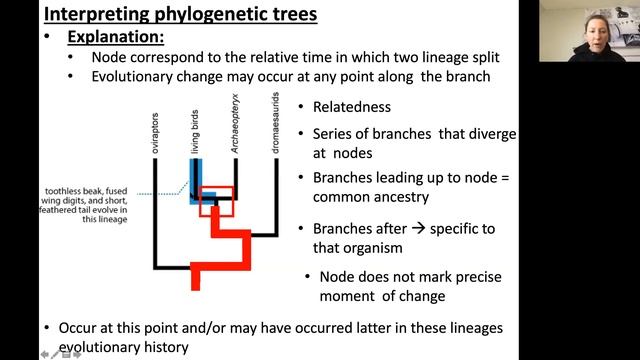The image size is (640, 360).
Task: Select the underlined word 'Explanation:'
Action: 115,37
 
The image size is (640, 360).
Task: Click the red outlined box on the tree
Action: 216,201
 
